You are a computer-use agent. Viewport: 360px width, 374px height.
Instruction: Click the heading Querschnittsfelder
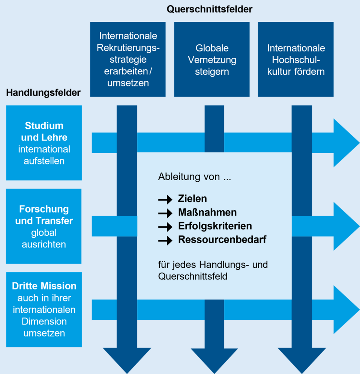click(210, 10)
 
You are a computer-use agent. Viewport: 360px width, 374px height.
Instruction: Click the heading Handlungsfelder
click(43, 93)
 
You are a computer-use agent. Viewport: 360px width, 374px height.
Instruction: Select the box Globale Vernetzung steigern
click(212, 59)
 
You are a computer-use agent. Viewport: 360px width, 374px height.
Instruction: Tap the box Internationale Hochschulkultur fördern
click(296, 59)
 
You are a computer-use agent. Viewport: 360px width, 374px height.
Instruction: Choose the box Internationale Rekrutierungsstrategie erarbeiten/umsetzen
click(128, 59)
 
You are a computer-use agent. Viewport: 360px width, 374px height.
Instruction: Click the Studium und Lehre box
click(44, 143)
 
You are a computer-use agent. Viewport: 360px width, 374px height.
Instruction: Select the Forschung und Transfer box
click(44, 226)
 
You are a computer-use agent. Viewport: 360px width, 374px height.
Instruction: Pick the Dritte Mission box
click(44, 309)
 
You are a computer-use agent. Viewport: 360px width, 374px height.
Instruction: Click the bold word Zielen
click(192, 199)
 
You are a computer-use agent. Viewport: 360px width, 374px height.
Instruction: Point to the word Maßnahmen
click(207, 213)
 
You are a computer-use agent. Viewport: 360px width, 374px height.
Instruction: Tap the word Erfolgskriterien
click(215, 226)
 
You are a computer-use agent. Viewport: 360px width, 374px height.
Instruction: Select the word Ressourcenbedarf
click(222, 240)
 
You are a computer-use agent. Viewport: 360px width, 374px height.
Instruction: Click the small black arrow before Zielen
click(165, 200)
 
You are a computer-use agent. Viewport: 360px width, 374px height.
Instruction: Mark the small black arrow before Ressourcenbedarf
click(165, 241)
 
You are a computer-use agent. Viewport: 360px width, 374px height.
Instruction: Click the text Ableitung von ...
click(194, 177)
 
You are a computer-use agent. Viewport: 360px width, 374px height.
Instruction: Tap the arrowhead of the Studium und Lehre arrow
click(345, 143)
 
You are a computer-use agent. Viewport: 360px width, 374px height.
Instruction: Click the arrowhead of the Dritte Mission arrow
click(345, 309)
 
